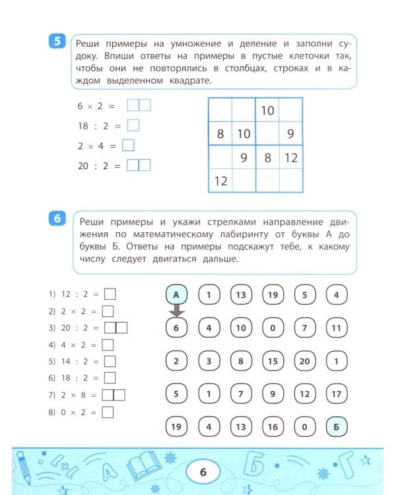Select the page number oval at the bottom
pos(203,471)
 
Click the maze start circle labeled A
pos(176,295)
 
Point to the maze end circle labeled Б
pos(337,426)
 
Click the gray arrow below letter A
pos(176,311)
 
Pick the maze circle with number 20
pos(304,361)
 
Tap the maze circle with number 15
pos(273,361)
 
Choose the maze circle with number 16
pos(273,426)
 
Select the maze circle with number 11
pos(337,327)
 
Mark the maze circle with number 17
pos(337,394)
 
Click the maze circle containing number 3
pos(209,361)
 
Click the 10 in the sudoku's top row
pos(267,110)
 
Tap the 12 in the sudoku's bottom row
pos(220,180)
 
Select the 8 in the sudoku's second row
pos(220,134)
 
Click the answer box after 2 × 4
pos(129,145)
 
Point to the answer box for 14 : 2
pos(110,361)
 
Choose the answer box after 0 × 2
pos(107,412)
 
